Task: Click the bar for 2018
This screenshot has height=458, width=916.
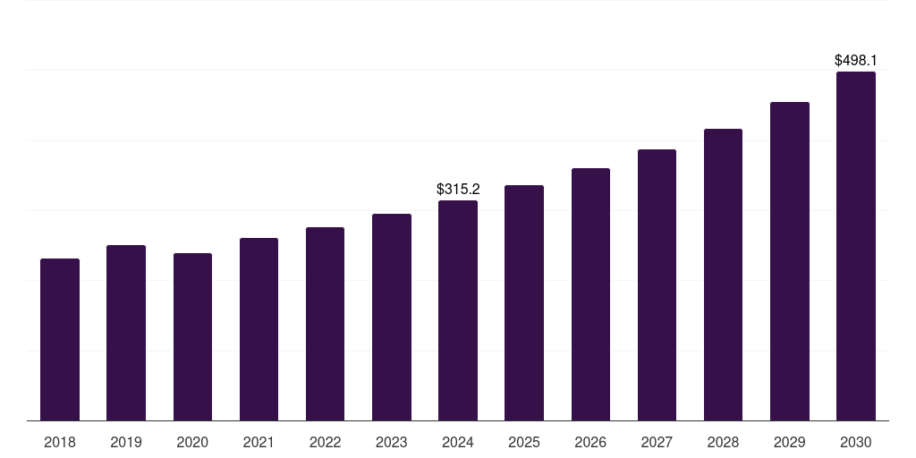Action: click(60, 340)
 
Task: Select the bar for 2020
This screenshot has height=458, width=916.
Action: click(192, 337)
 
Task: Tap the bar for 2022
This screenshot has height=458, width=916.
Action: click(325, 324)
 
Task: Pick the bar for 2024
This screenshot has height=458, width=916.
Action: click(458, 310)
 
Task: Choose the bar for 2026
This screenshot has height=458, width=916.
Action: click(590, 294)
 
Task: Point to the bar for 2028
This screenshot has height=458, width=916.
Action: click(723, 275)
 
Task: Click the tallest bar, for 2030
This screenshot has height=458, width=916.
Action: click(856, 246)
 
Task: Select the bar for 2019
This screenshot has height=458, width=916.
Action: click(126, 333)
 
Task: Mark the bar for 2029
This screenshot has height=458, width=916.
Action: click(790, 261)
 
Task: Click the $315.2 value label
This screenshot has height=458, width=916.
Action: click(458, 189)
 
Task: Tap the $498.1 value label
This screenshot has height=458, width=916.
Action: click(856, 60)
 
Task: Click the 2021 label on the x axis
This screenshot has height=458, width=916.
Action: click(259, 442)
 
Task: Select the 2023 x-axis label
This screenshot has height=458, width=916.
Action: click(391, 442)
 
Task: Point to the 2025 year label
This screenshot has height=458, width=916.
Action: click(524, 442)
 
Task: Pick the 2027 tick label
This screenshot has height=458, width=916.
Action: click(657, 442)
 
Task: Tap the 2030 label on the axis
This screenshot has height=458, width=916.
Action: click(856, 442)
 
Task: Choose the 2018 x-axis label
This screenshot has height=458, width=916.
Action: click(60, 442)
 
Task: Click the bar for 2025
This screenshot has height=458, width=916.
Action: click(524, 302)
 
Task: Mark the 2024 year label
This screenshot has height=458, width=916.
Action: click(458, 442)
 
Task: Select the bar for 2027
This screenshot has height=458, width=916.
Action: click(657, 284)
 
